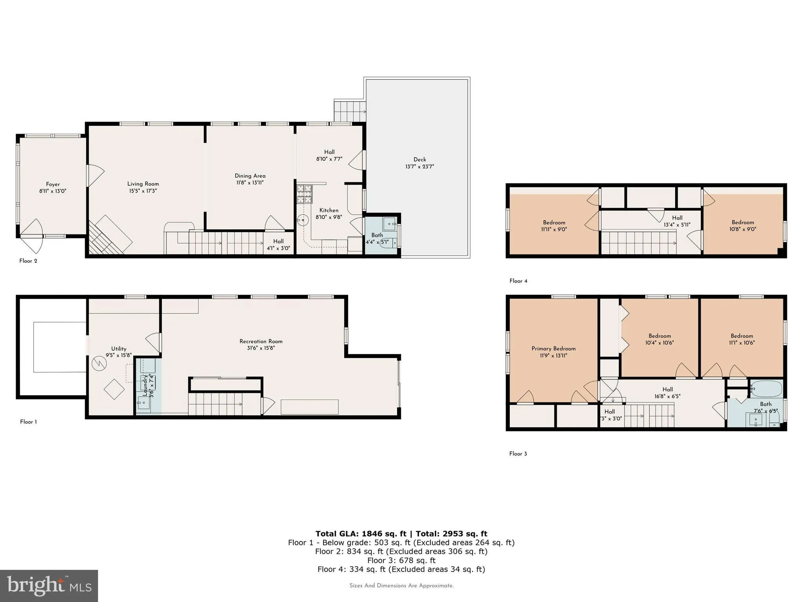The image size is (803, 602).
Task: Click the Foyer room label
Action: click(x=53, y=184)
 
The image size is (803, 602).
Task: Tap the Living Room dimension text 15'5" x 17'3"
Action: click(x=143, y=191)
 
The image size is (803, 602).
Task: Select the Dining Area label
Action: click(x=250, y=176)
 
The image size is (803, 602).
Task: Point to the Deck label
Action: click(x=420, y=159)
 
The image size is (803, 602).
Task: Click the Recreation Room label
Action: click(x=261, y=341)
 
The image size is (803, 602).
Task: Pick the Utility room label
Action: click(x=118, y=348)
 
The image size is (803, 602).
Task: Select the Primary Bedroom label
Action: click(x=553, y=348)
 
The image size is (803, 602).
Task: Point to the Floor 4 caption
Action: click(x=518, y=281)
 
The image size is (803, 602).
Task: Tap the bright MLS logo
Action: click(x=49, y=586)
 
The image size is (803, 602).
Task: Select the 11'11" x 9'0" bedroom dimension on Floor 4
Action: click(x=554, y=230)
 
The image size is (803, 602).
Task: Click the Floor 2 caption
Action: click(x=28, y=261)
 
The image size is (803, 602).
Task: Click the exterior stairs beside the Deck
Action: click(x=349, y=111)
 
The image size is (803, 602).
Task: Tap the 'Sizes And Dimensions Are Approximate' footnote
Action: click(x=401, y=586)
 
